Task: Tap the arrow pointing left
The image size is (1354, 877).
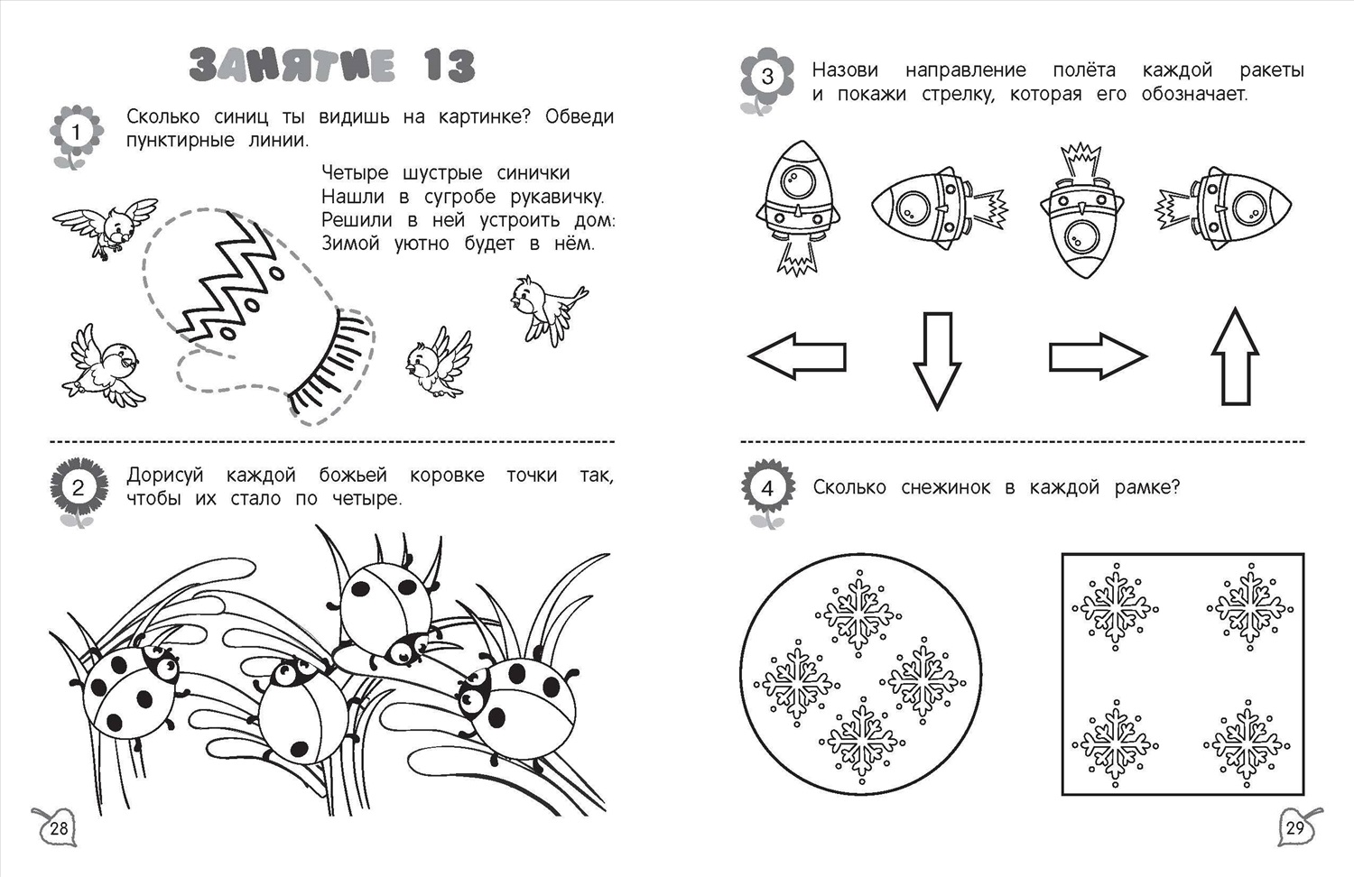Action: [x=797, y=356]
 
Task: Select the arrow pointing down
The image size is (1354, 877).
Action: [x=937, y=361]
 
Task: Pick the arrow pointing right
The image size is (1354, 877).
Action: [x=1098, y=356]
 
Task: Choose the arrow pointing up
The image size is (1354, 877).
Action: [x=1235, y=356]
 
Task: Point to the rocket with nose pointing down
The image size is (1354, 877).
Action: [x=1082, y=211]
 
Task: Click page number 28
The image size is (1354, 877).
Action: [x=59, y=827]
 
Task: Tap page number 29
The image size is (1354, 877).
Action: [x=1294, y=827]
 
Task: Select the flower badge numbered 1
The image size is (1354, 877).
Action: [x=76, y=134]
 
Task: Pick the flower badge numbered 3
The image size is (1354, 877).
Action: [x=766, y=78]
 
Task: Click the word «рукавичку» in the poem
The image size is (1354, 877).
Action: [x=557, y=197]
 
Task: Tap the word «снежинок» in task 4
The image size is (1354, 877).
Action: [x=945, y=487]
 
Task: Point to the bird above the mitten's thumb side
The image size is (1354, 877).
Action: [x=106, y=226]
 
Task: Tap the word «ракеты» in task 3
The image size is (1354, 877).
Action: [x=1272, y=71]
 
